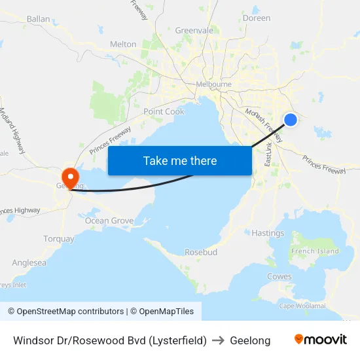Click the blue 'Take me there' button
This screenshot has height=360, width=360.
179,160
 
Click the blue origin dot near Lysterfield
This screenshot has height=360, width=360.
291,119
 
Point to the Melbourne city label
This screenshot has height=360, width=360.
214,84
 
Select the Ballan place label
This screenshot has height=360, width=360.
39,19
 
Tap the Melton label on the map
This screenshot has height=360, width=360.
123,44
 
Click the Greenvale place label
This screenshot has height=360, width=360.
194,30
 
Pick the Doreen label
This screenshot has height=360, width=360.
257,18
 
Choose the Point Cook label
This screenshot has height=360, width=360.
164,111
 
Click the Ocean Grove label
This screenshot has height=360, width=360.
109,221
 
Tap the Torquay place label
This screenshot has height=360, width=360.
59,239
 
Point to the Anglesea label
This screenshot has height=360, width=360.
29,262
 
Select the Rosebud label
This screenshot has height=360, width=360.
201,252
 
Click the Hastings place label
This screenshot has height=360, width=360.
268,233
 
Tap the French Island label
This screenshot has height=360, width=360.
315,251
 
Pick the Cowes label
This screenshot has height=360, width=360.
279,277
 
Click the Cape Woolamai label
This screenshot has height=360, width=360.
302,306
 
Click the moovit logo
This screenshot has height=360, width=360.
321,340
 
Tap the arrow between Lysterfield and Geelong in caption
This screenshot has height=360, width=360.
219,340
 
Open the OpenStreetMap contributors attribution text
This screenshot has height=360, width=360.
66,312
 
